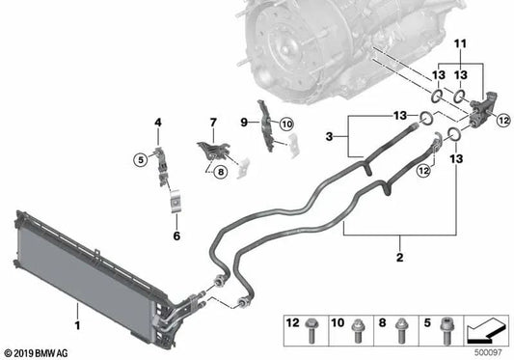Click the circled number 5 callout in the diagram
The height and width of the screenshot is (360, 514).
click(140, 158)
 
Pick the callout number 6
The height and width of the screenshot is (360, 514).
click(176, 235)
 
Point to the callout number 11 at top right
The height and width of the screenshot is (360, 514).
click(460, 42)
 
